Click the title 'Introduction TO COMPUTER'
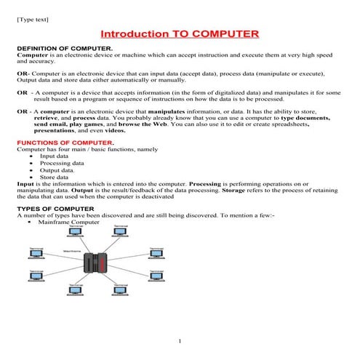tap(179, 34)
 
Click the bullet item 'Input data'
tap(54, 156)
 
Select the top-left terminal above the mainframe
tap(76, 232)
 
